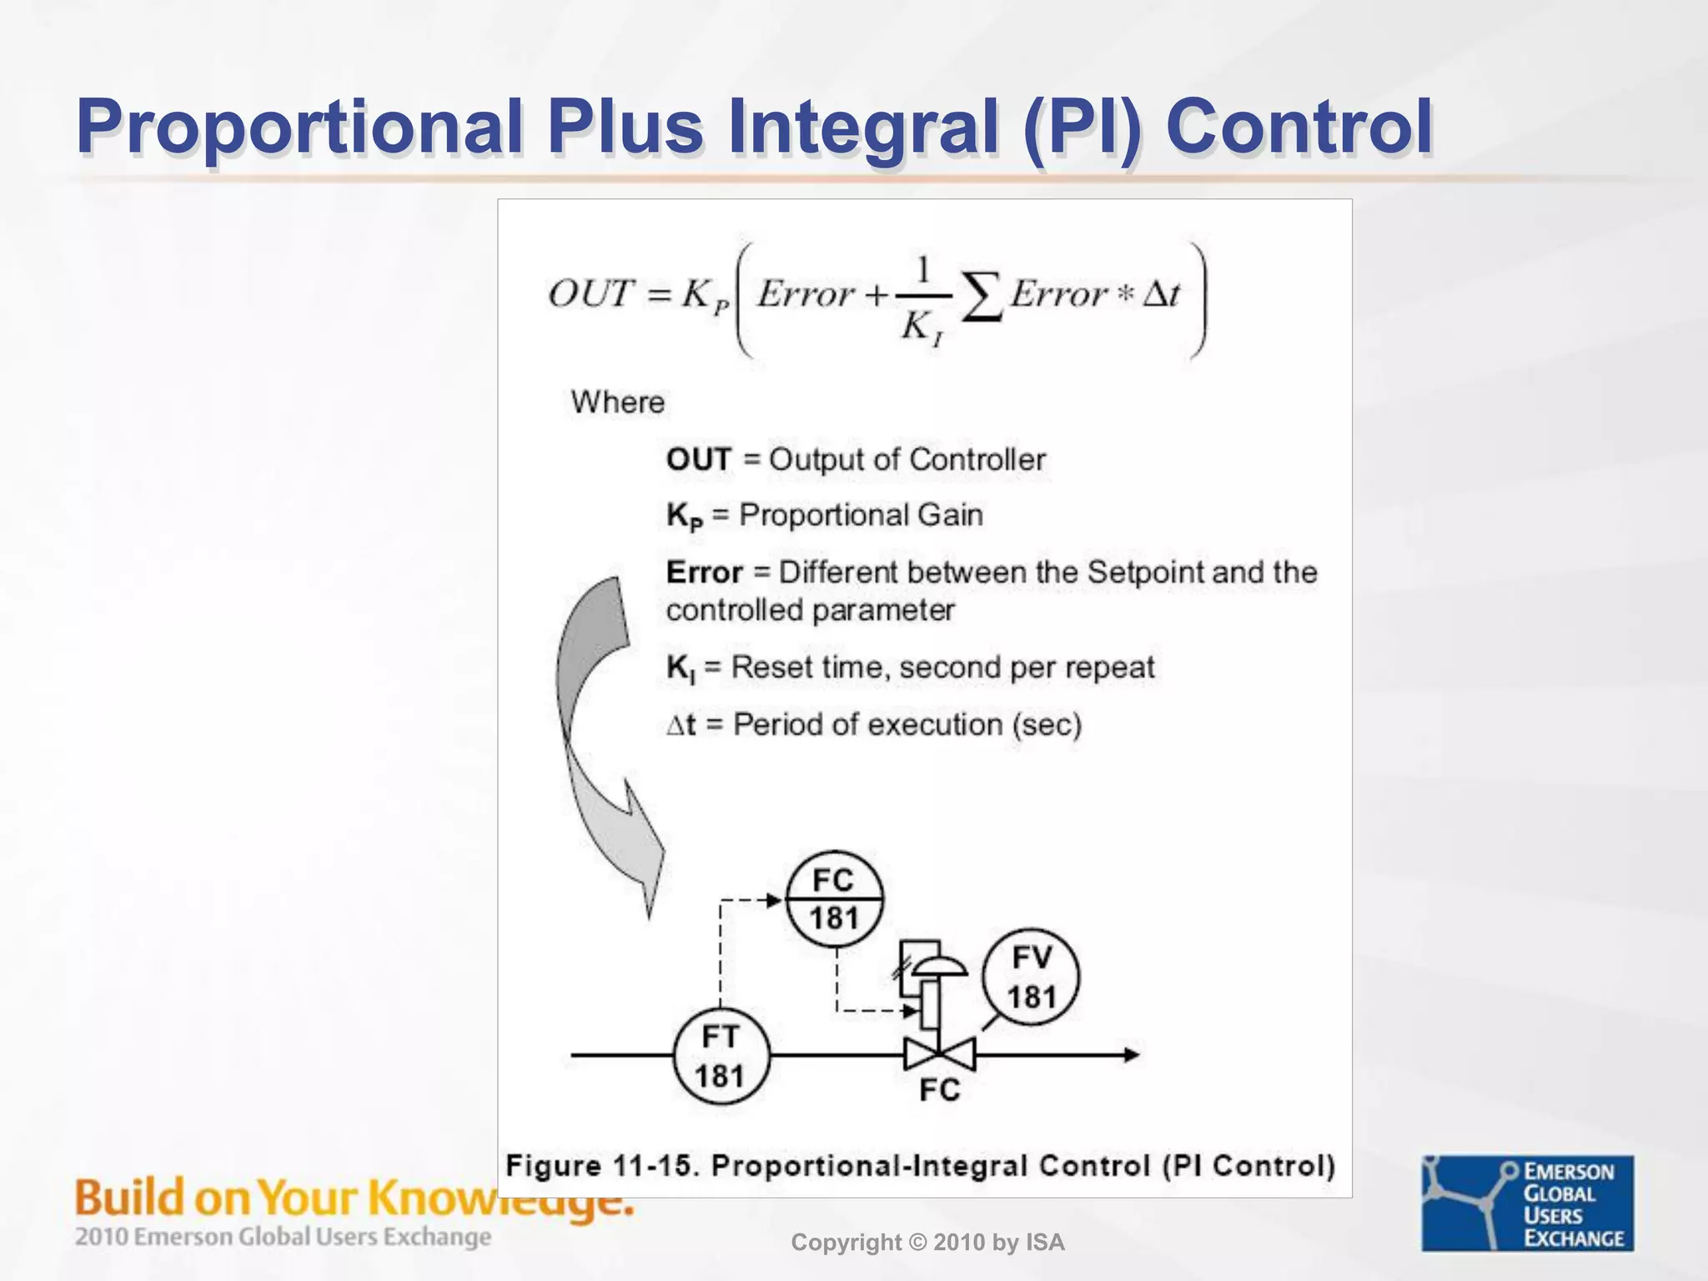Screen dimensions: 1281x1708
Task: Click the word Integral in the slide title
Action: point(864,127)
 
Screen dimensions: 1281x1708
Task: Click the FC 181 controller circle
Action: point(834,900)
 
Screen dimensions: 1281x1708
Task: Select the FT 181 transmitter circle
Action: point(721,1057)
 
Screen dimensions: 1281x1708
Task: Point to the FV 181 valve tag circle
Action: point(1031,977)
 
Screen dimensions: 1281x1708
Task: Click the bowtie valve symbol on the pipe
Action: point(939,1056)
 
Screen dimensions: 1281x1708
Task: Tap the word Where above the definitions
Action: point(617,402)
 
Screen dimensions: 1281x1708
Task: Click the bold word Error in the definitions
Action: point(704,573)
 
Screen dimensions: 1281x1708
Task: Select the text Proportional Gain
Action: point(861,515)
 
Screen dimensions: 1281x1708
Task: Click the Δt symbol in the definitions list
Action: point(681,725)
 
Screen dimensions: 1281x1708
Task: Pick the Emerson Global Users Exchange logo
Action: point(1528,1203)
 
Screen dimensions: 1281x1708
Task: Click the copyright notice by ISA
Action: point(927,1243)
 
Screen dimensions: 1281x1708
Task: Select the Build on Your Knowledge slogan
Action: point(354,1198)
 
